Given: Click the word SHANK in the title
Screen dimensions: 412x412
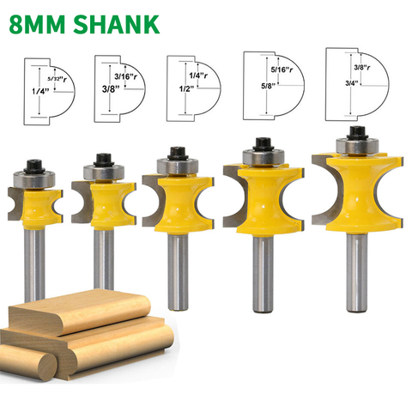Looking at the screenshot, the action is coord(117,24).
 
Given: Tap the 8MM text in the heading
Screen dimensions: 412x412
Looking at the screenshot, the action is coord(38,24).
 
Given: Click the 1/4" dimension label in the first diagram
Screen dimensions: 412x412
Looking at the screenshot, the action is coord(40,92).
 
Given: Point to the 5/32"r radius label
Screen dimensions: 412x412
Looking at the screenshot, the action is coord(57,79).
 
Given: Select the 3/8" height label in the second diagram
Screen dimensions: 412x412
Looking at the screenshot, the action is coord(111,89).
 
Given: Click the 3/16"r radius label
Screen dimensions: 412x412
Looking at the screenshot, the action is coord(125,76).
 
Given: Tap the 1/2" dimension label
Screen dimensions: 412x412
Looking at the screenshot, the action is coord(186,89).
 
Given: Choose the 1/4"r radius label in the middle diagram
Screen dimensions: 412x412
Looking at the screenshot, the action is coord(198,76).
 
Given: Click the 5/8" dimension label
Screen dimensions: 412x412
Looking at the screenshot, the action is coord(268,85).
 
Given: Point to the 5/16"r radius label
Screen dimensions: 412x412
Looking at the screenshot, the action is coord(282,70).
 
